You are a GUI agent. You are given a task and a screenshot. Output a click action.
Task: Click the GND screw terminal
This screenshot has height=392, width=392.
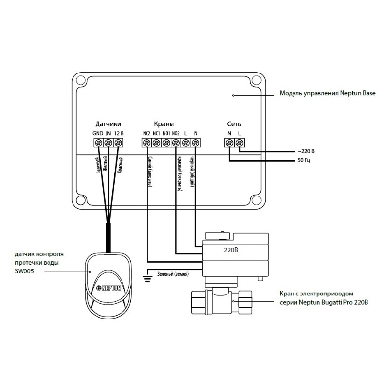98,143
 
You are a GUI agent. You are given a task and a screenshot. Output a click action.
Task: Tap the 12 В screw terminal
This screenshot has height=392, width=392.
118,143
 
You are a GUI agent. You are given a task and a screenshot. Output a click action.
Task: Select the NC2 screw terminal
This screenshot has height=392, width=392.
147,143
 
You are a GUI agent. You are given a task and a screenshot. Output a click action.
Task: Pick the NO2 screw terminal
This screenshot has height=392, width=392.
176,143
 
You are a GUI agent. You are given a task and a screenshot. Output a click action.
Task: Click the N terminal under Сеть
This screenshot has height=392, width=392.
229,143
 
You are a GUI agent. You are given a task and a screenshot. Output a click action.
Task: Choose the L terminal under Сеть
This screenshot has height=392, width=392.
239,143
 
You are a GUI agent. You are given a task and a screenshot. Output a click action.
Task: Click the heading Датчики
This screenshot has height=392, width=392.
108,124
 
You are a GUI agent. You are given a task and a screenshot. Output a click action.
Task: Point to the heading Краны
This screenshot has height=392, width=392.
164,124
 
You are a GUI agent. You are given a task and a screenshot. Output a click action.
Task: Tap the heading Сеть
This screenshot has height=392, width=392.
234,124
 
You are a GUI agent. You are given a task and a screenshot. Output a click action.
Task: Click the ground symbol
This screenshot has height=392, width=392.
146,279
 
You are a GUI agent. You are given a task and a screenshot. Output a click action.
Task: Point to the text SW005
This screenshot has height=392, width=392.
24,271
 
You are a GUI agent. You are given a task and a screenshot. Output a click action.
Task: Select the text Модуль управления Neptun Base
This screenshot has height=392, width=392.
327,93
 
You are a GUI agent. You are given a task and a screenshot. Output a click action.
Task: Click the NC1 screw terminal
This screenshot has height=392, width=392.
156,143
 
